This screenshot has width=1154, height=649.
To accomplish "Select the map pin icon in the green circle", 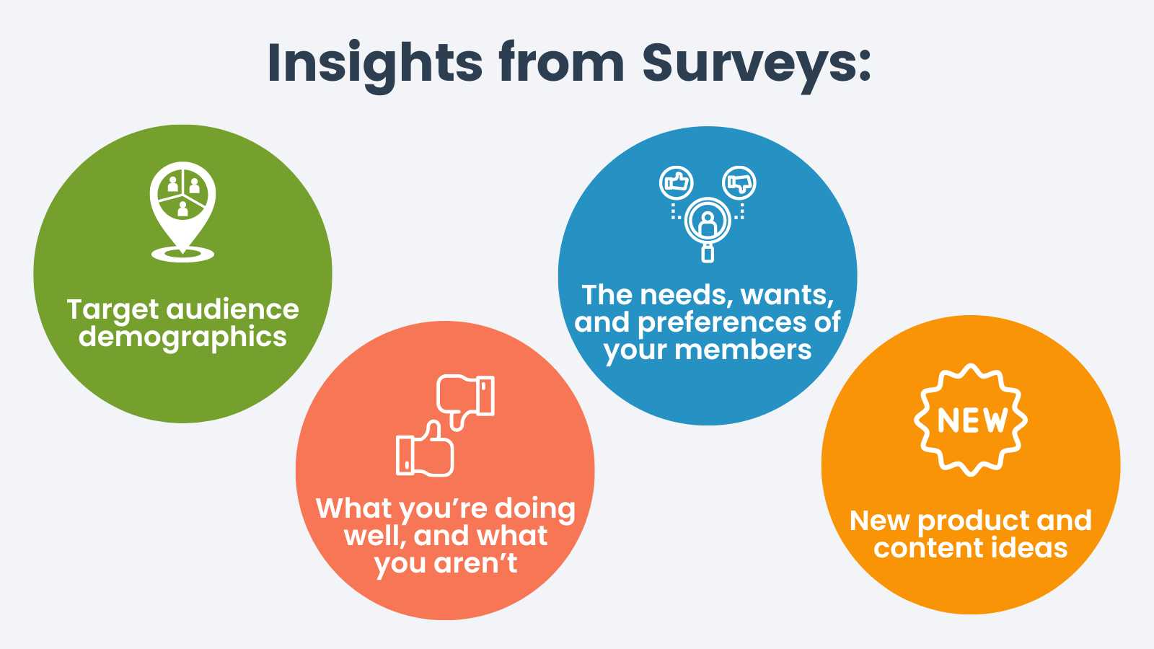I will [x=182, y=209].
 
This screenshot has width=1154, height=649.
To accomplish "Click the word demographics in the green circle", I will [x=182, y=337].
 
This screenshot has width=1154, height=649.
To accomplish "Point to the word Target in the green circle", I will [x=113, y=310].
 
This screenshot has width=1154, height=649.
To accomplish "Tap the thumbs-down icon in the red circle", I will [x=466, y=400].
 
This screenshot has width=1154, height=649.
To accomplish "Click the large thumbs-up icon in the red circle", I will [x=426, y=450].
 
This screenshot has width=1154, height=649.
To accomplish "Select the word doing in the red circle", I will [x=535, y=508].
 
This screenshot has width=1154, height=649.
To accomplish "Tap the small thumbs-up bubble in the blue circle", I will [x=676, y=182].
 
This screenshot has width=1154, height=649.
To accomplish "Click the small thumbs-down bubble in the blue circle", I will [x=739, y=182].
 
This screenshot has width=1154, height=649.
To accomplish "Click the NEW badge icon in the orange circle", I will [x=971, y=420].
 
